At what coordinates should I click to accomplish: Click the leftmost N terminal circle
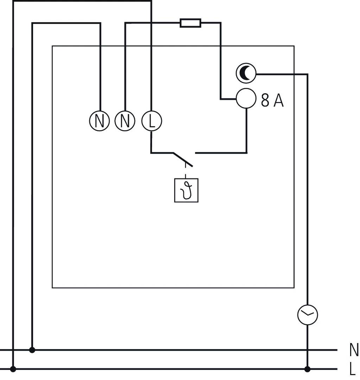(100, 121)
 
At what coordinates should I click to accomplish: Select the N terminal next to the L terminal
(125, 121)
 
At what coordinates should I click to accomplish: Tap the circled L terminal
(151, 121)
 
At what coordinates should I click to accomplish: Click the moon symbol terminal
(245, 73)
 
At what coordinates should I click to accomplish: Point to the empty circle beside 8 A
(245, 98)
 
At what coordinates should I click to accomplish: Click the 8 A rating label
(272, 101)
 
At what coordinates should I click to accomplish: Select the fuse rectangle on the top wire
(190, 23)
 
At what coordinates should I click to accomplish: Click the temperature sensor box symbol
(186, 190)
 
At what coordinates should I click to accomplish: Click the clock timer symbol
(308, 314)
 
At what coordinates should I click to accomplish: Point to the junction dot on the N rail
(32, 350)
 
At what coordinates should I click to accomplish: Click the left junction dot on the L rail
(13, 369)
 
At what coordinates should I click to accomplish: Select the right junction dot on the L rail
(308, 369)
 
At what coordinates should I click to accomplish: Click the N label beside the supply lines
(354, 350)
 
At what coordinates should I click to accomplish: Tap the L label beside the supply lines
(353, 369)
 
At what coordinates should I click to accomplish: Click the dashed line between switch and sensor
(186, 172)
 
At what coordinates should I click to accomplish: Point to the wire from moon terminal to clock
(308, 176)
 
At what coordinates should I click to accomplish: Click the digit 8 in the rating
(265, 101)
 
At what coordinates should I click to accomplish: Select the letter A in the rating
(278, 101)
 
